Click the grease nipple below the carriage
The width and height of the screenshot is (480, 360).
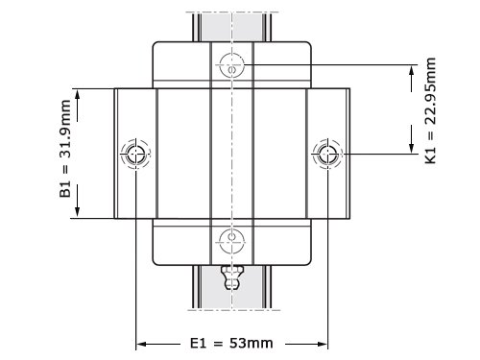click(x=232, y=277)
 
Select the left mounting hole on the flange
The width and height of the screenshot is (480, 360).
click(x=135, y=154)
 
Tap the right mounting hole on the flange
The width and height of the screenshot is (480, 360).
click(x=327, y=154)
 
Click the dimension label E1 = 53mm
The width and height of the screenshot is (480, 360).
click(x=231, y=344)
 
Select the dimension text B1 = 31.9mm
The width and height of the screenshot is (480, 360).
click(x=65, y=149)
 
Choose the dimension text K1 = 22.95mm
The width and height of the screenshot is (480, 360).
click(x=430, y=110)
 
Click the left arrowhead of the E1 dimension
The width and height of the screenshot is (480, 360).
click(x=141, y=345)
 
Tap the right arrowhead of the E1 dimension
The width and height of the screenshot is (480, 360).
click(x=322, y=345)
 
